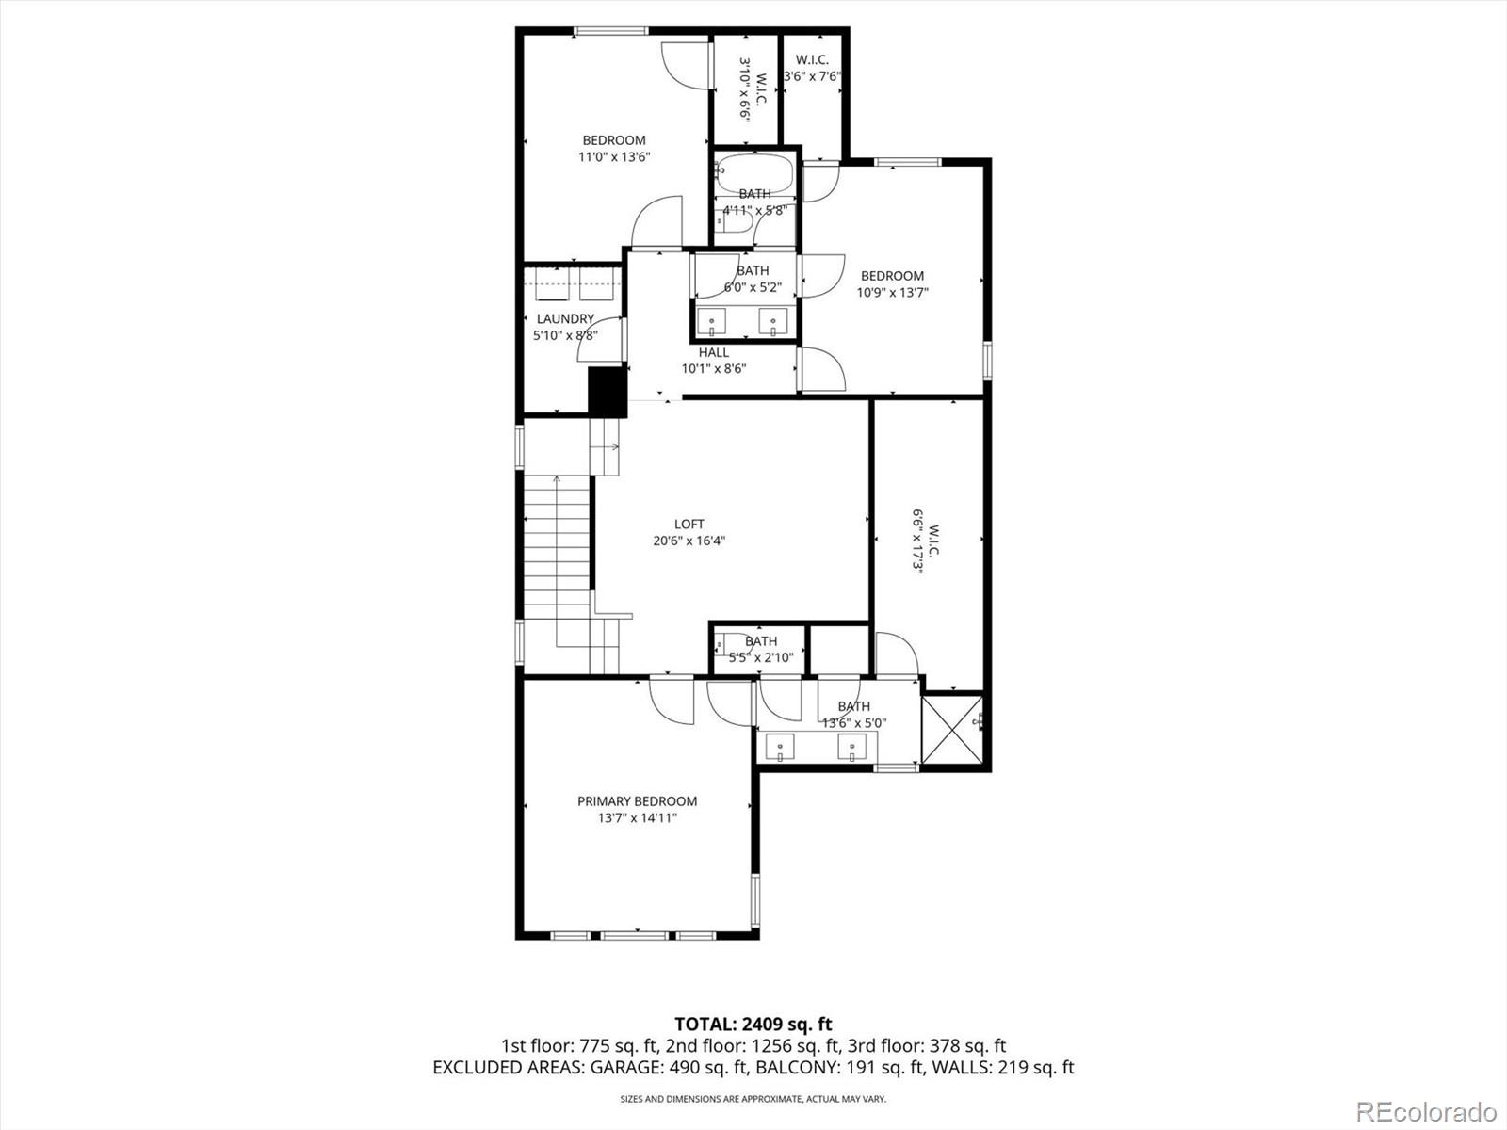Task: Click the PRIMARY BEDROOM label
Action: tap(637, 801)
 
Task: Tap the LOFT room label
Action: tap(689, 524)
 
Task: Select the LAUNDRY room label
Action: tap(565, 318)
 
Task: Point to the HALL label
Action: tap(713, 352)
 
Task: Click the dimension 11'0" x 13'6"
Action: tap(614, 157)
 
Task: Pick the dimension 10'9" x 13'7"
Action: tap(892, 292)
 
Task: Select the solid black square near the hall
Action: tap(608, 392)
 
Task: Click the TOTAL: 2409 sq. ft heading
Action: tap(753, 1024)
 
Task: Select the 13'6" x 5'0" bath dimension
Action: tap(853, 723)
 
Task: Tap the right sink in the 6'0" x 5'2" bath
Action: tap(773, 321)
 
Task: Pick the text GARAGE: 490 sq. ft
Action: tap(670, 1067)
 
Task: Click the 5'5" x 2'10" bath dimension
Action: tap(760, 657)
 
